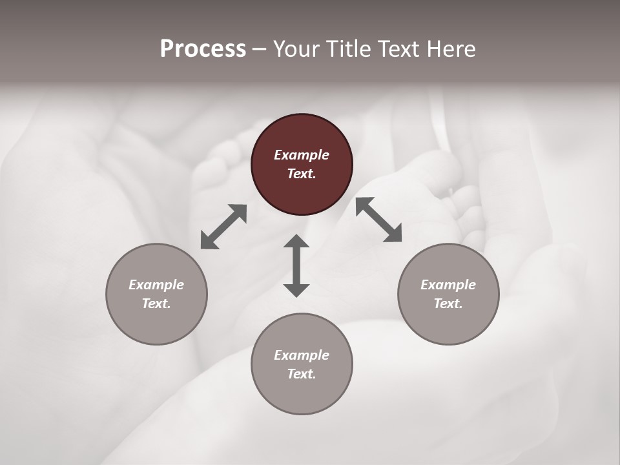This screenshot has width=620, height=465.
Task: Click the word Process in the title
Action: [x=203, y=49]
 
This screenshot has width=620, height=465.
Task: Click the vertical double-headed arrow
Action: [x=296, y=265]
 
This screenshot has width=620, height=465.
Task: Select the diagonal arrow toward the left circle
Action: [x=223, y=227]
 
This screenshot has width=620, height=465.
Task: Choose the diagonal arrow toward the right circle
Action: [x=378, y=220]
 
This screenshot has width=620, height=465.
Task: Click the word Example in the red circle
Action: [x=302, y=155]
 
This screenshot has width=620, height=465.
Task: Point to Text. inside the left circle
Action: [x=156, y=304]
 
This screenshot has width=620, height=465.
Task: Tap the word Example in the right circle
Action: [x=448, y=285]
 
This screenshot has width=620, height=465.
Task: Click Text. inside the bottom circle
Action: [x=302, y=374]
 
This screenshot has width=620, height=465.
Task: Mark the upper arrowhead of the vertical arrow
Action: [x=296, y=243]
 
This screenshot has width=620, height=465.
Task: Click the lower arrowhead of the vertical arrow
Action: [x=296, y=289]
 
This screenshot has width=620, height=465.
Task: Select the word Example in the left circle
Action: [x=156, y=285]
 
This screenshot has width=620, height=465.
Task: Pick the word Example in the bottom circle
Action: [x=302, y=355]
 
